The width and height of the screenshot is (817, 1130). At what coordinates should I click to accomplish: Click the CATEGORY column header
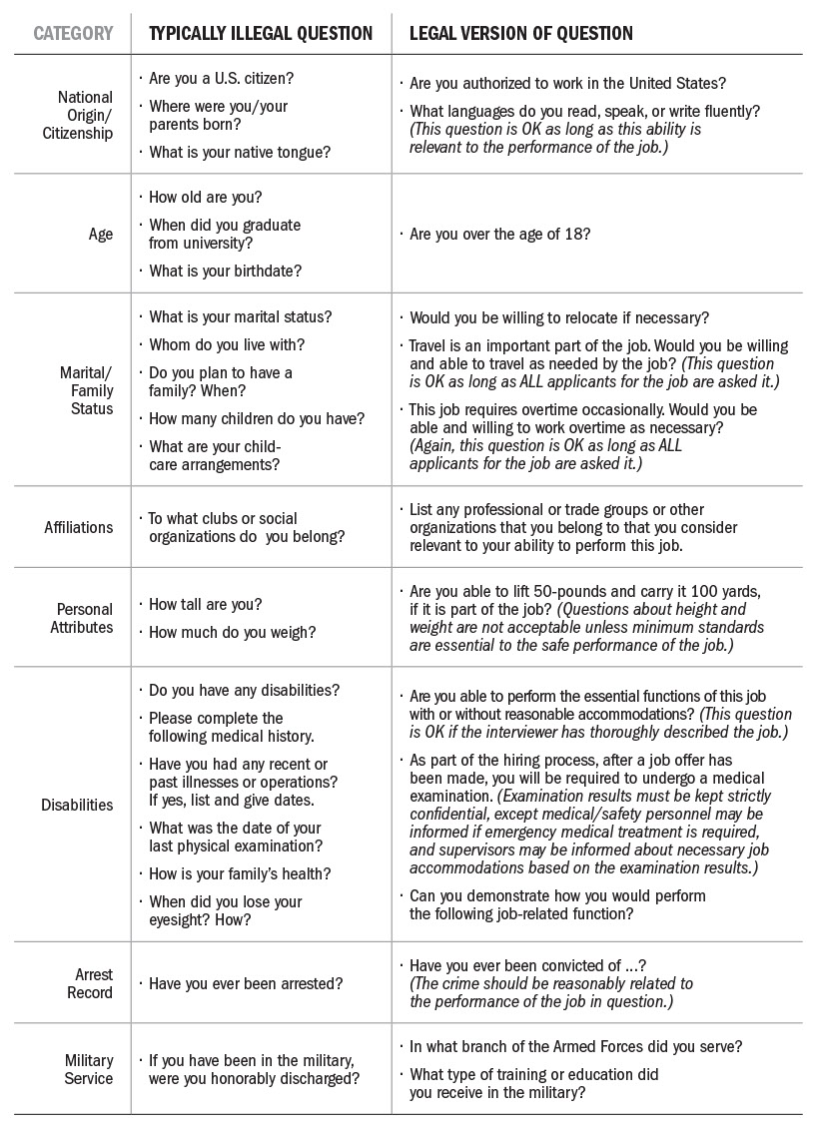click(x=73, y=34)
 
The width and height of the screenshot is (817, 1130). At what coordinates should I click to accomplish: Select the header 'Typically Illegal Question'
click(x=261, y=34)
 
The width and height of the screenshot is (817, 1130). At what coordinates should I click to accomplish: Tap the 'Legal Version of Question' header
click(x=520, y=34)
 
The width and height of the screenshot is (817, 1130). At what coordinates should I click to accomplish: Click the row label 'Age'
click(x=101, y=235)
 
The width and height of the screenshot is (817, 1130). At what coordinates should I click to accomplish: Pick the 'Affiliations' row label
click(x=79, y=527)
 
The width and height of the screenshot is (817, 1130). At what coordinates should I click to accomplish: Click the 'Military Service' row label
click(x=89, y=1069)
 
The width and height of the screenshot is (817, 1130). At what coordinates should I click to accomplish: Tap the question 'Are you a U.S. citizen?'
click(x=235, y=78)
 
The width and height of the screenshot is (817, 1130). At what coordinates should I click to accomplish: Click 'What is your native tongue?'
click(x=240, y=152)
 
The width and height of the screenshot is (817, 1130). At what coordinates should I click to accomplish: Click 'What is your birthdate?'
click(x=225, y=271)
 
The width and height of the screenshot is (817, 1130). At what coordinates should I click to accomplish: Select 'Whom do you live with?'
click(x=227, y=344)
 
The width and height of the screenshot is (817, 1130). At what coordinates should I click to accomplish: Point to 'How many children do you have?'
click(x=257, y=418)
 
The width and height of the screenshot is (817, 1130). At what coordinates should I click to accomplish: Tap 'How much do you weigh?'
click(x=232, y=632)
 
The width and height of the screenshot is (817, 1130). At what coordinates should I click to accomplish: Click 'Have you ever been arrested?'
click(x=246, y=983)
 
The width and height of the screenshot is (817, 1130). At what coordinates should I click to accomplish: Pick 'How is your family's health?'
click(x=240, y=873)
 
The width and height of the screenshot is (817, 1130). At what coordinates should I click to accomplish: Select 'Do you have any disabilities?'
click(x=245, y=690)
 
